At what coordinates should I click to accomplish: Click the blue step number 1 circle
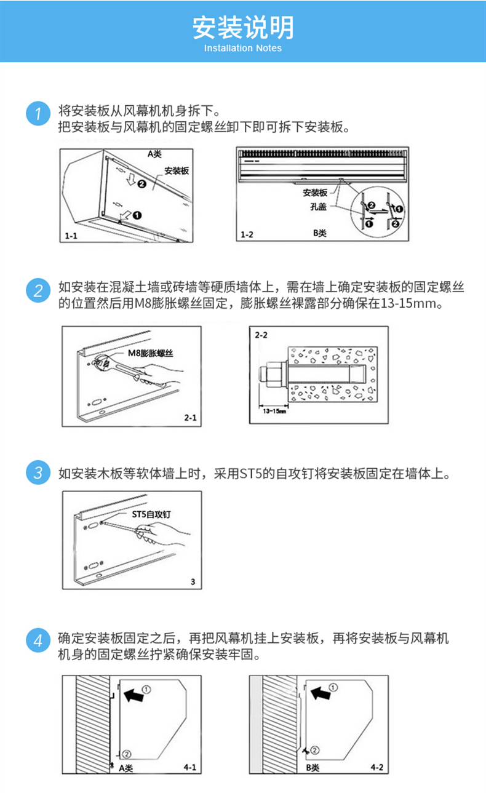[38, 113]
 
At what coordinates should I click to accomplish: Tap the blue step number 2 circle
[38, 290]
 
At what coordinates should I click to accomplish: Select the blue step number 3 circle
[38, 472]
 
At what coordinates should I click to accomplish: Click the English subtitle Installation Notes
[243, 48]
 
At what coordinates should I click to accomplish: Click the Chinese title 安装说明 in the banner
[243, 27]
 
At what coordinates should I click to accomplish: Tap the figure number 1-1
[71, 236]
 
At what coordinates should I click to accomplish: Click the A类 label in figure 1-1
[154, 154]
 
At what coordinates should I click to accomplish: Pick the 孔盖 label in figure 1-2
[318, 207]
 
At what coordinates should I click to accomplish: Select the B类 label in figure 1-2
[320, 233]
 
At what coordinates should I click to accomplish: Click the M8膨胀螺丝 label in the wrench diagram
[151, 353]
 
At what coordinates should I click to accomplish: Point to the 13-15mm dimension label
[274, 411]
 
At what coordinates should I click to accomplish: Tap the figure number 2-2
[261, 335]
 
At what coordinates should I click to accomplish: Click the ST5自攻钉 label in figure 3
[151, 514]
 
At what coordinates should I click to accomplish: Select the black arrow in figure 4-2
[321, 693]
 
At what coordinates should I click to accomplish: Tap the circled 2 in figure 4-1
[127, 754]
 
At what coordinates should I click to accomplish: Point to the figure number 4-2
[377, 767]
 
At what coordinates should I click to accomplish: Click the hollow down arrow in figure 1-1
[131, 179]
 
